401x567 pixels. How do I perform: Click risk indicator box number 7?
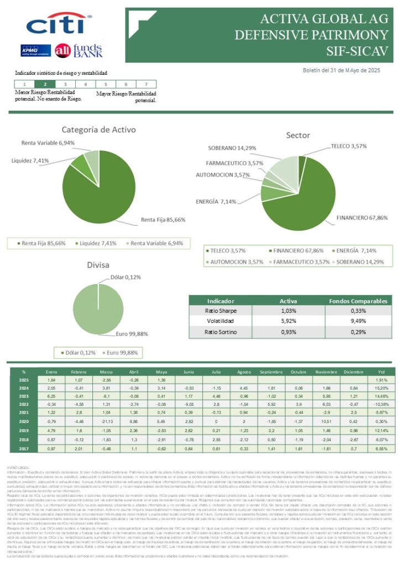point(145,84)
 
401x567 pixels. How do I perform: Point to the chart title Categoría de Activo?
point(98,130)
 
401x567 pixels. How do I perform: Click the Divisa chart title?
point(98,265)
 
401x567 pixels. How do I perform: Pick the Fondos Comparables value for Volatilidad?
point(354,321)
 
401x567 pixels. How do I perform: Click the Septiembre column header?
point(270,372)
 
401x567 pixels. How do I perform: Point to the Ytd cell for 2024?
point(381,388)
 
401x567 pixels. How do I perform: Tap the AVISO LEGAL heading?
point(21,467)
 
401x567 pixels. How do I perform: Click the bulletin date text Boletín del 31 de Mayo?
point(342,70)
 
